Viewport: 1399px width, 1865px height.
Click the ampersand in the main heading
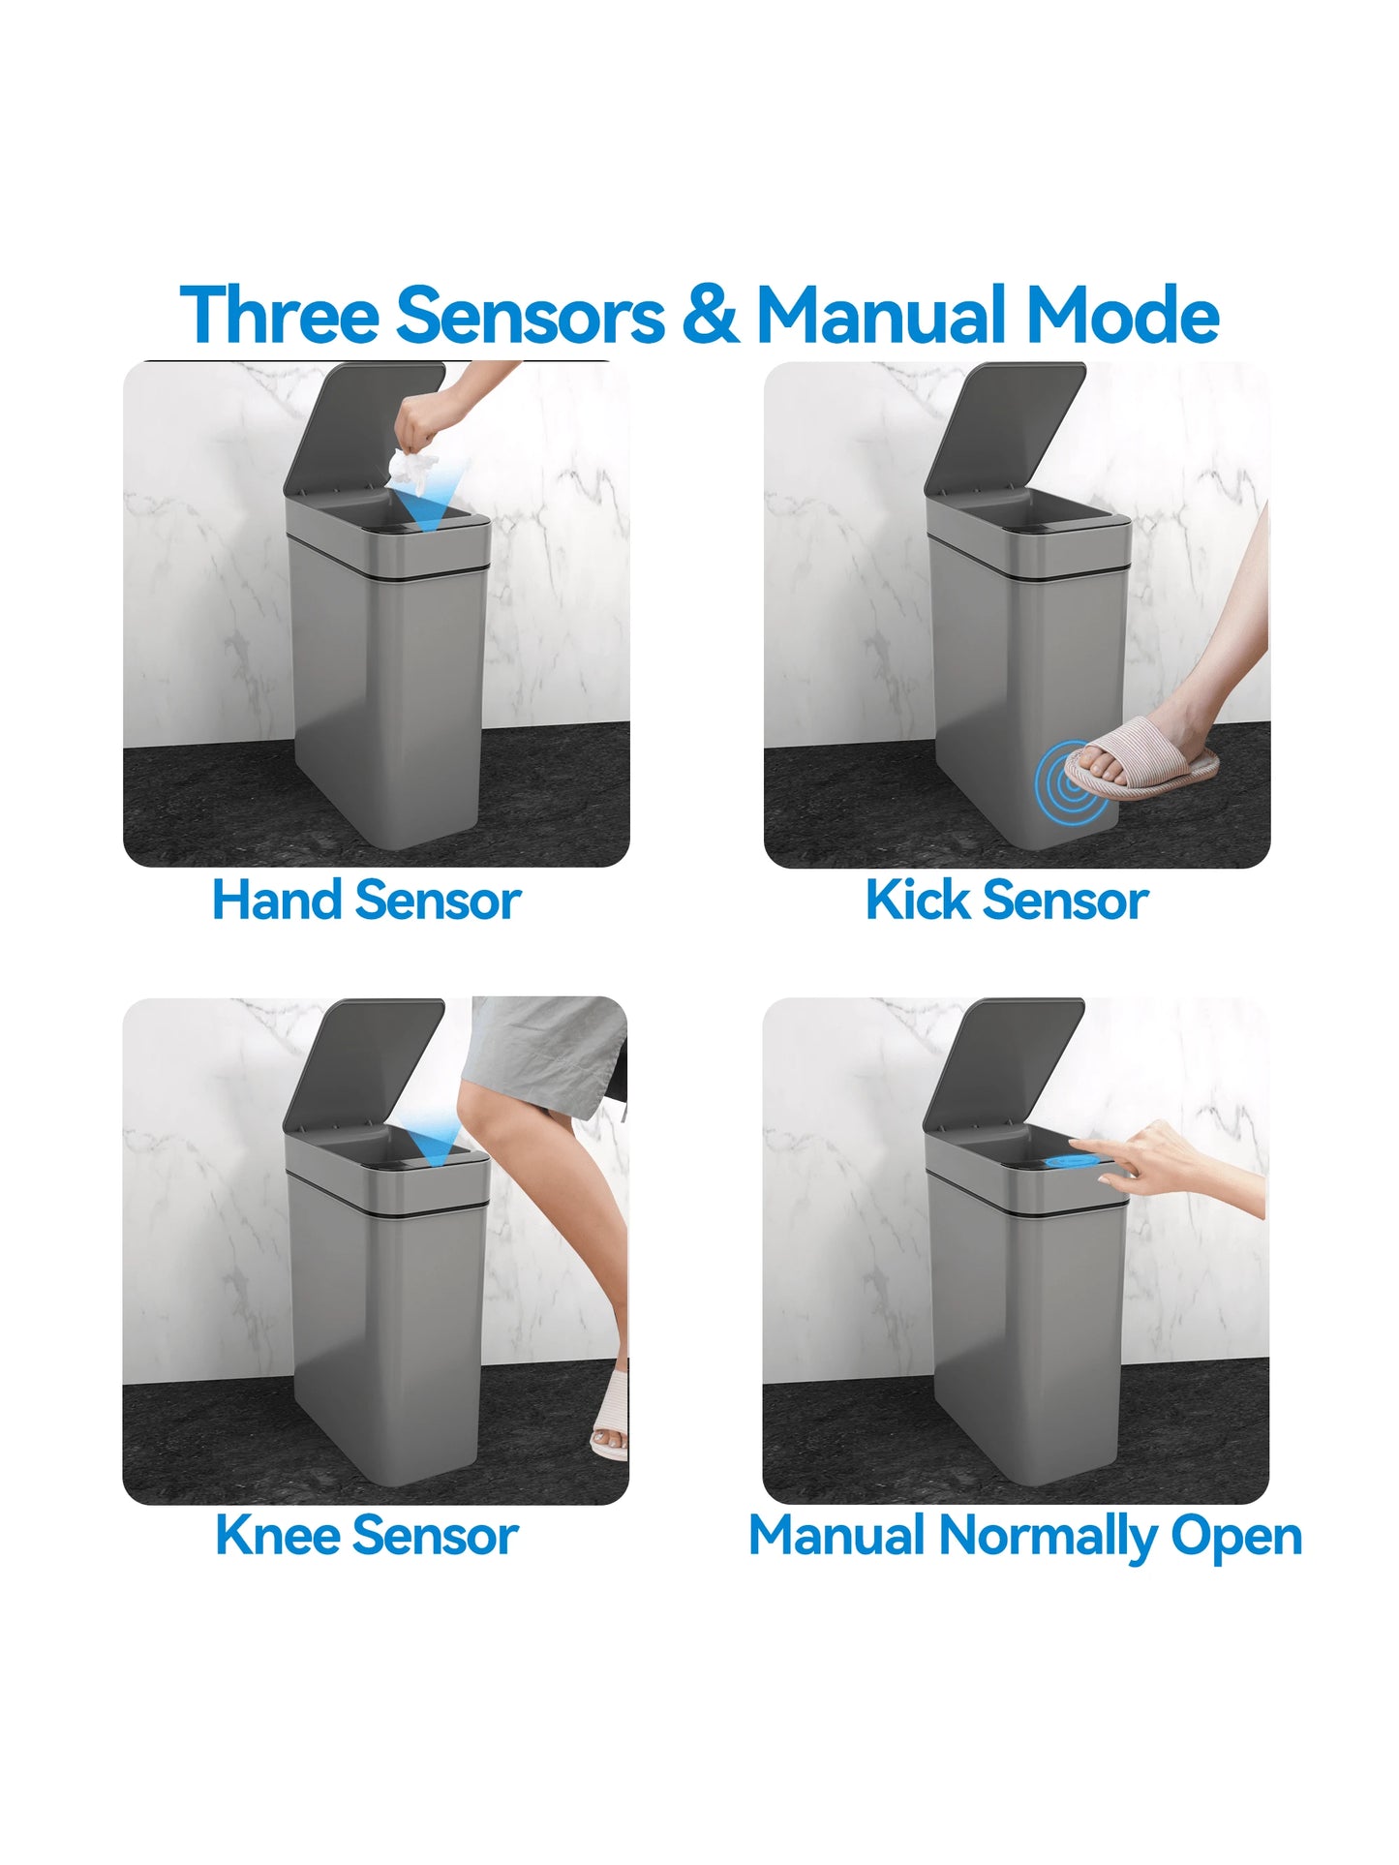[x=710, y=315]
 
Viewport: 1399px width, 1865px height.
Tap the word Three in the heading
[x=280, y=315]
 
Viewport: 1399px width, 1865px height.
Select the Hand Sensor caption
[x=366, y=901]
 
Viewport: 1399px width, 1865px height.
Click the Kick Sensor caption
[x=1007, y=901]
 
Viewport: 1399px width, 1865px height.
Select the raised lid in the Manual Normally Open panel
[x=1003, y=1060]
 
